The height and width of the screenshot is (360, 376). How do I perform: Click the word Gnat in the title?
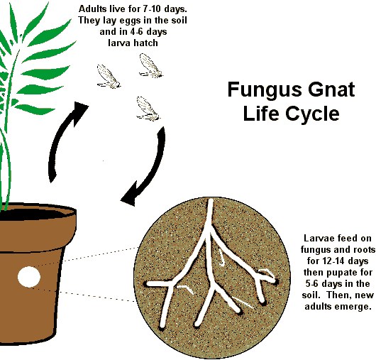[x=331, y=89]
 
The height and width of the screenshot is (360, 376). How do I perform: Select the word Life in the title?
[x=261, y=113]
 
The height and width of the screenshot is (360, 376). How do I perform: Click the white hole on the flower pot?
[x=29, y=277]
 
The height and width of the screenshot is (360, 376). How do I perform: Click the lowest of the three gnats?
[x=148, y=109]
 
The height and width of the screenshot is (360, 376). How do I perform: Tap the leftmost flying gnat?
[x=108, y=77]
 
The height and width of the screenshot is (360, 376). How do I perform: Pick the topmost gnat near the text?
[x=151, y=65]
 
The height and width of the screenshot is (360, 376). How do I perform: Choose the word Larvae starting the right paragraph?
[x=319, y=239]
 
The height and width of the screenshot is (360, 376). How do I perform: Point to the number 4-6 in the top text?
[x=138, y=32]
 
